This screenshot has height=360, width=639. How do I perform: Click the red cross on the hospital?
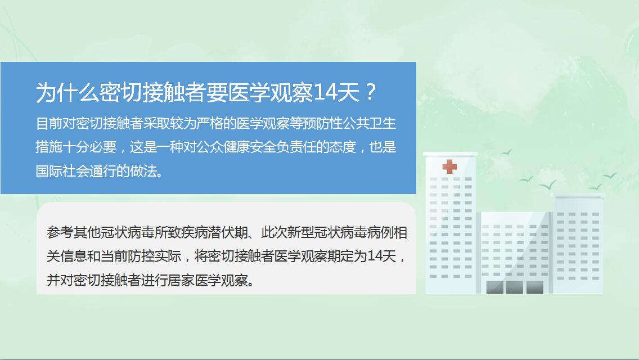(449, 166)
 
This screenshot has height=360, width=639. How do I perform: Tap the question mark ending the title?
(371, 92)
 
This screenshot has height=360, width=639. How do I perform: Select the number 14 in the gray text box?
(375, 256)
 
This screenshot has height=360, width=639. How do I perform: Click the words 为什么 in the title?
(67, 92)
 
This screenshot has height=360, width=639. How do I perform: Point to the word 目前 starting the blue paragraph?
(49, 123)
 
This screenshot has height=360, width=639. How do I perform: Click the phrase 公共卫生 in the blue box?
(369, 123)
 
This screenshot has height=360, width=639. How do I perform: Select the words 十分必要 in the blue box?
(89, 147)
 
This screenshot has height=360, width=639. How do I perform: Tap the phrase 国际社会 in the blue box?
(62, 171)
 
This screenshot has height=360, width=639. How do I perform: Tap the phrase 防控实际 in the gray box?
(154, 256)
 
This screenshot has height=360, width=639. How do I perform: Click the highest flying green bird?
(506, 152)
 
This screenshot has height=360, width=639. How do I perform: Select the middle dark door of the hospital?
(514, 287)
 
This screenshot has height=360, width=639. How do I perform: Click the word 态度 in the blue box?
(343, 147)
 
